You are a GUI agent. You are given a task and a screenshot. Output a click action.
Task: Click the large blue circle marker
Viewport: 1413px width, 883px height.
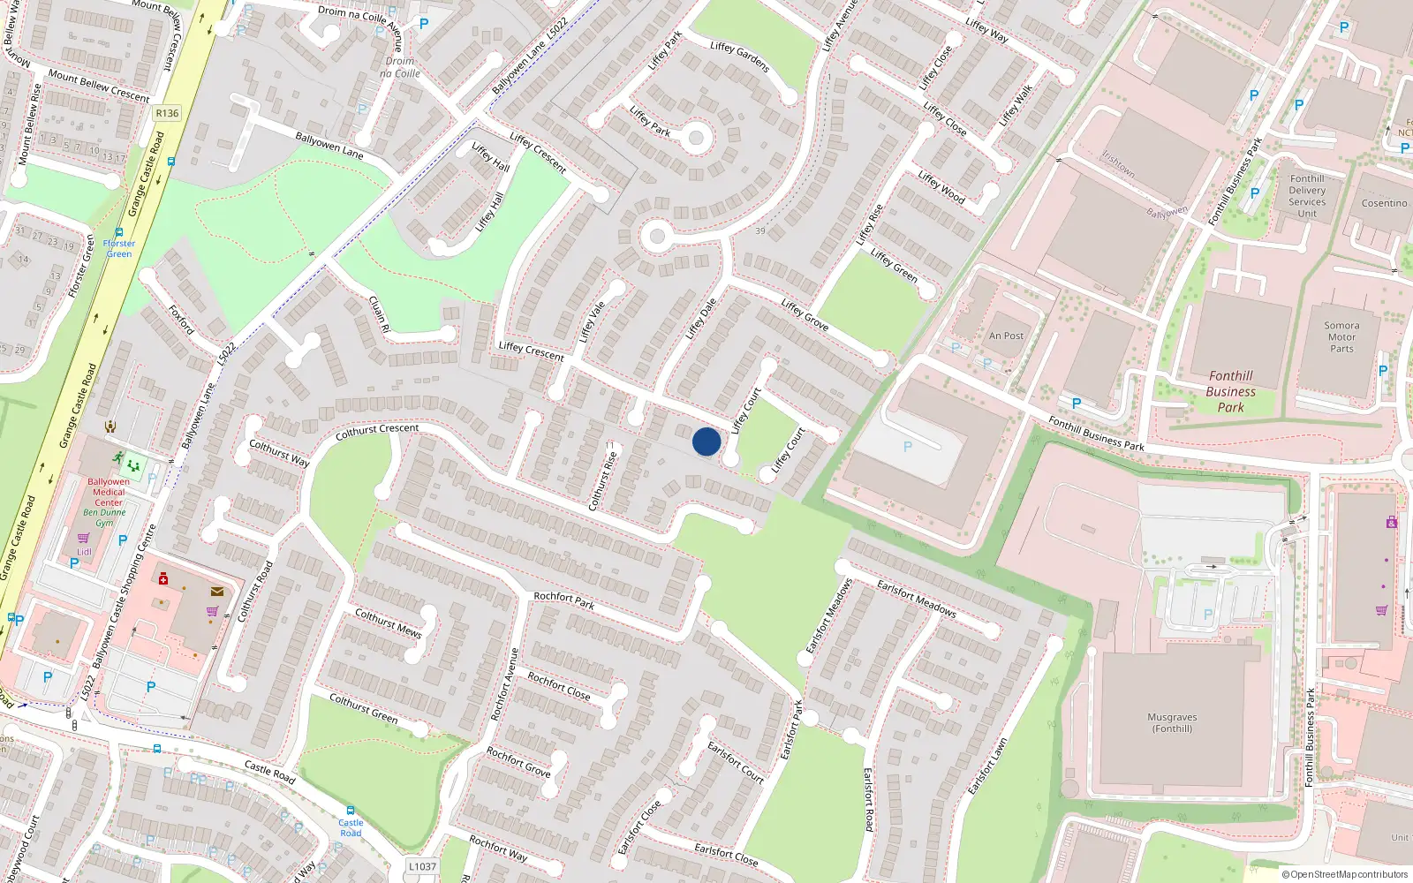(x=706, y=441)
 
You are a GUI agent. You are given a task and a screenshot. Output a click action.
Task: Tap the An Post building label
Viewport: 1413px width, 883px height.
(x=1006, y=336)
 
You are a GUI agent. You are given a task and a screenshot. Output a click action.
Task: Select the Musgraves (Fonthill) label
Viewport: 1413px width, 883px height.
(x=1172, y=722)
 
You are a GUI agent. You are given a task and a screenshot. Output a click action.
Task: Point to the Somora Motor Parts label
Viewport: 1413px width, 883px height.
(x=1341, y=336)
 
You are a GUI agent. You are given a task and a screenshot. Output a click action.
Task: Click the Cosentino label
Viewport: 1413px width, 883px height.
(x=1384, y=203)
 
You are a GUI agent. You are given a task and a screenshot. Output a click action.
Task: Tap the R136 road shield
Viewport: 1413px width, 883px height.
(x=167, y=113)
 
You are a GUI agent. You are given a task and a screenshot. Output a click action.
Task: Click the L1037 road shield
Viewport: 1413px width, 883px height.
(x=422, y=866)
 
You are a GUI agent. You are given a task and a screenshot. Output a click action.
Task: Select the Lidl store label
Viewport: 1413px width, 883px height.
(x=84, y=552)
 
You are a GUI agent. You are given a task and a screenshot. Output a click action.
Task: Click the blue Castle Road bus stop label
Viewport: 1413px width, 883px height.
(x=351, y=827)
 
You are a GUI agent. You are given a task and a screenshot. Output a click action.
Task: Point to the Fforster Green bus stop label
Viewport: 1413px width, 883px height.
(x=119, y=248)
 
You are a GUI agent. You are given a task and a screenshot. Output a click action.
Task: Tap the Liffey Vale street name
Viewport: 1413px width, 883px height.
(x=593, y=321)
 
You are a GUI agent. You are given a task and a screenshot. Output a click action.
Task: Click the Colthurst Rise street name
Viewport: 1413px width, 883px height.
(x=602, y=480)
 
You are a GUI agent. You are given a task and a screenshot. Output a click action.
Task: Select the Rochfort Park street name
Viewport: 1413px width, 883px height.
(x=563, y=600)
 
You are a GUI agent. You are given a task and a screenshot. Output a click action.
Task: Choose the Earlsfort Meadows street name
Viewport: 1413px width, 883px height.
(x=916, y=598)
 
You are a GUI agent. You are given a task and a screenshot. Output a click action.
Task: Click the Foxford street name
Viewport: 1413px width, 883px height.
(x=181, y=319)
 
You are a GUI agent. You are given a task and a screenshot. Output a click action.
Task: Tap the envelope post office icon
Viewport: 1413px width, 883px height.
(x=216, y=592)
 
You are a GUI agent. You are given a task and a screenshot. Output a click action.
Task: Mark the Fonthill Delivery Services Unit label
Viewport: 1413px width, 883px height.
(x=1307, y=196)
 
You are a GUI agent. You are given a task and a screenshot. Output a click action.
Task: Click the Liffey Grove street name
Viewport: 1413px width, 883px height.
(x=805, y=314)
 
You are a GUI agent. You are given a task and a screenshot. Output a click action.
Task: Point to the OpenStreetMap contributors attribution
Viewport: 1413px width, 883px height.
(x=1344, y=874)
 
